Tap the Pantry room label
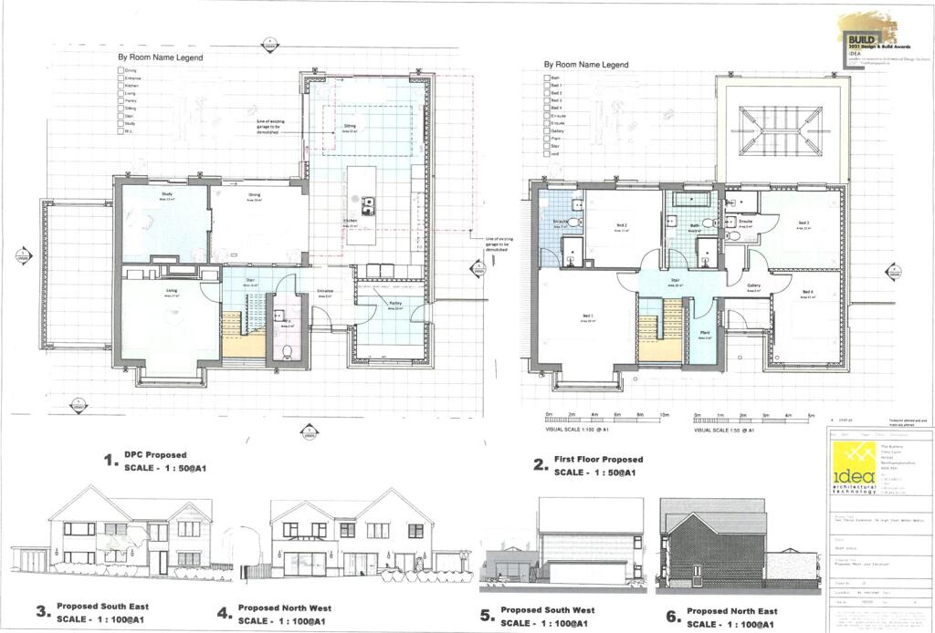395,305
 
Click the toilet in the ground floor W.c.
287,350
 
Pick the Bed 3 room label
804,224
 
